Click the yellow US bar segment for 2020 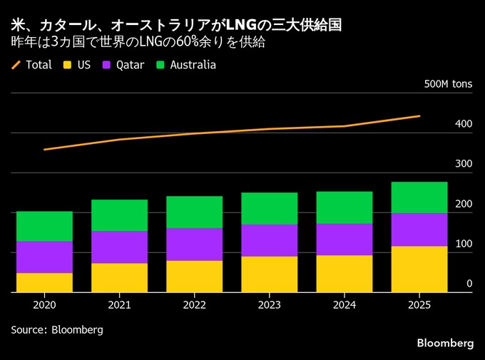(x=44, y=282)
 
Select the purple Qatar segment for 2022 (x=194, y=244)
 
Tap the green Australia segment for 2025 (x=419, y=197)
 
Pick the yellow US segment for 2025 (x=419, y=269)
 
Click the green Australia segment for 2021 (x=119, y=215)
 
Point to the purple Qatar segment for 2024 (x=344, y=240)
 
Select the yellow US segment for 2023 (x=270, y=274)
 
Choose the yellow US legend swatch (x=68, y=65)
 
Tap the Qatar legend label (x=129, y=65)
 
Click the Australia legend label (x=193, y=65)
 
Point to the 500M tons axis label (x=448, y=84)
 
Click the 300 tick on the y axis (x=464, y=164)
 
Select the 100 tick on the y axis (x=464, y=244)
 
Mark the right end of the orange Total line (x=419, y=115)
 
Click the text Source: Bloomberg (x=57, y=330)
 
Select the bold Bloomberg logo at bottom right (x=445, y=343)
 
